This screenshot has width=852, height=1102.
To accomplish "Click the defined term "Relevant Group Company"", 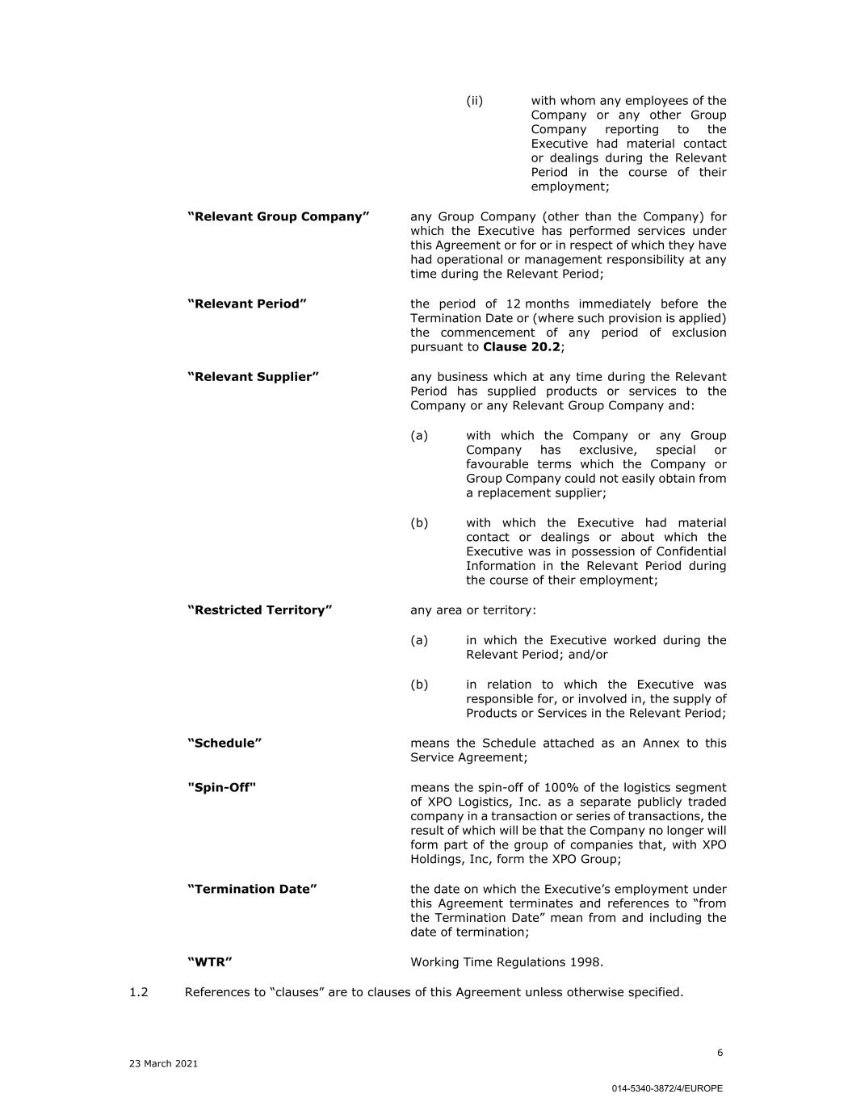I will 279,216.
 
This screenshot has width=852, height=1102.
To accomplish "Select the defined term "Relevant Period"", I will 247,304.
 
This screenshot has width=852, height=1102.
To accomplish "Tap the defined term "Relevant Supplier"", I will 254,377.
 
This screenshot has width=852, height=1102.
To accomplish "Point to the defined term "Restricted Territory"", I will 260,610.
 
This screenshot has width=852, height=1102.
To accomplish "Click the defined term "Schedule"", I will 225,743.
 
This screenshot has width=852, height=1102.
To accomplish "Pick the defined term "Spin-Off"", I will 222,787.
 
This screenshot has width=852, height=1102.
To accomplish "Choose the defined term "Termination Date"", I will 252,889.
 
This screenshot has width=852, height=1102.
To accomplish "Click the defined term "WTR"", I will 210,962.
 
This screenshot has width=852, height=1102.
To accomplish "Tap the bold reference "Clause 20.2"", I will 522,347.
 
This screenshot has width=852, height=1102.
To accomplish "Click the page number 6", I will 720,1053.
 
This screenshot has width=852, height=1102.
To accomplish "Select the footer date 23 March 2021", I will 163,1064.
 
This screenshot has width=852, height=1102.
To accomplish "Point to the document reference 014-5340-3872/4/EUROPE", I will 667,1088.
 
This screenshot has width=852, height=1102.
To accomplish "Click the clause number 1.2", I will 139,992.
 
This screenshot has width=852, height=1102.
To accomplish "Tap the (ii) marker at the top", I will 475,101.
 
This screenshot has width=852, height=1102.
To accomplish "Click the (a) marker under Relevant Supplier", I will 419,436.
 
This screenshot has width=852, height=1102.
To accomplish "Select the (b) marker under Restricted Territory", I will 419,685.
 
